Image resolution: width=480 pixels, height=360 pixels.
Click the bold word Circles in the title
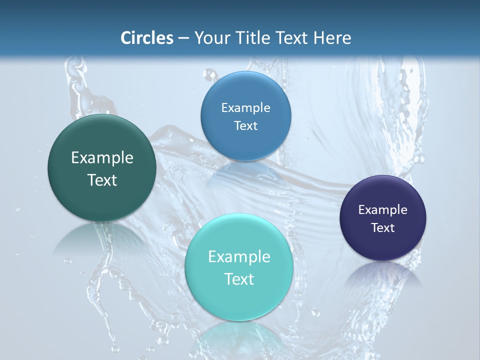click(147, 38)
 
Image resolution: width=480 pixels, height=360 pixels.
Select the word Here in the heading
click(332, 38)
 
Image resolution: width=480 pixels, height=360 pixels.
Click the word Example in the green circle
click(102, 158)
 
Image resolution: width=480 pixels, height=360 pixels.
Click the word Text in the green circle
click(102, 180)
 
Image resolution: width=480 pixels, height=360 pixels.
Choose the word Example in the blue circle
click(245, 108)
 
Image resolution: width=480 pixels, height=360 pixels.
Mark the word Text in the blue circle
click(245, 126)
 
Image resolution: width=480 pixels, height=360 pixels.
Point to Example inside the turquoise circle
click(239, 257)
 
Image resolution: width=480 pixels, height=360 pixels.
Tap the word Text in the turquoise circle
click(239, 279)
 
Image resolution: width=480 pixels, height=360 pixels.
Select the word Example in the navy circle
click(382, 210)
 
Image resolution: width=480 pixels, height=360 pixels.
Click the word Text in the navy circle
click(382, 228)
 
